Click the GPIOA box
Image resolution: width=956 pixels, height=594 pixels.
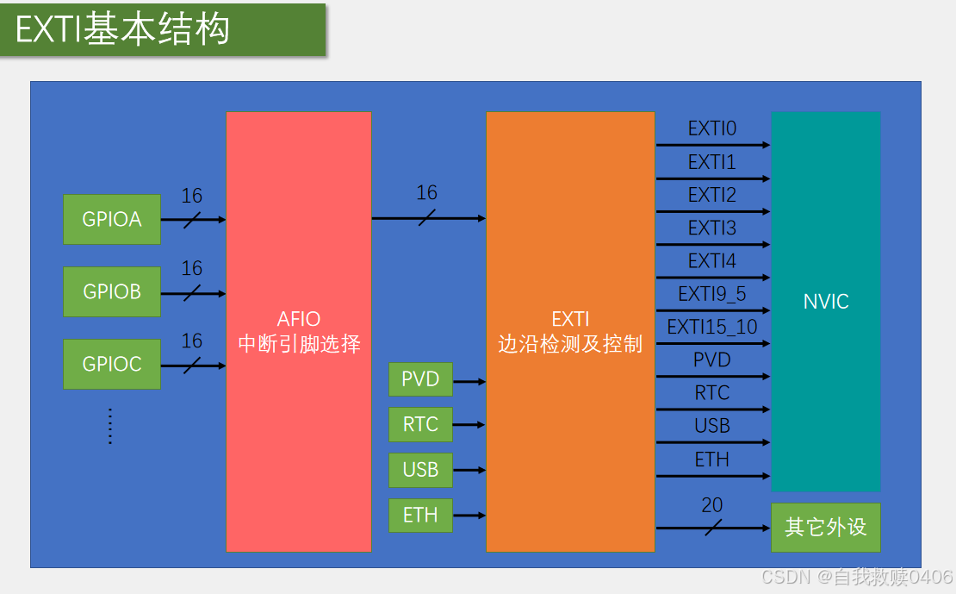tap(112, 219)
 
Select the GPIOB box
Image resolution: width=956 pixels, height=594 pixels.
tap(112, 291)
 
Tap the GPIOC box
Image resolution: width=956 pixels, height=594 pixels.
tap(112, 364)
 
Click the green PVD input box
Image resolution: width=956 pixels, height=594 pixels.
tap(420, 379)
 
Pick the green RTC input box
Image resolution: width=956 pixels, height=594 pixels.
tap(420, 424)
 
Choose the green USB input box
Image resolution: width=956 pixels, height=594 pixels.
tap(420, 470)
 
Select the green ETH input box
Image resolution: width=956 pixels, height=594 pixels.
tap(420, 516)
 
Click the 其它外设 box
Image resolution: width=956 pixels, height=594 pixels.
tap(825, 527)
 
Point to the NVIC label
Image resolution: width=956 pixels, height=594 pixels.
tap(825, 302)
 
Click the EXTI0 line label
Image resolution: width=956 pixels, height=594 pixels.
tap(711, 129)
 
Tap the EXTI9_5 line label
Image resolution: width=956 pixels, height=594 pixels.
tap(711, 294)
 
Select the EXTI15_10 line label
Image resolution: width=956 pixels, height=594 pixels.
tap(711, 327)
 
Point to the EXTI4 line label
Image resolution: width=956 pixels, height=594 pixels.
tap(711, 260)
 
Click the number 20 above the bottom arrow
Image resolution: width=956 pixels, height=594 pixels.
tap(711, 505)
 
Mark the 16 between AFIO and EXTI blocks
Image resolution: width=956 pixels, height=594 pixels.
tap(426, 193)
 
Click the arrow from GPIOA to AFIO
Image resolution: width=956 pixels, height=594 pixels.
tap(193, 220)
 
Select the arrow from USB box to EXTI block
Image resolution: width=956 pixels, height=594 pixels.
tap(469, 471)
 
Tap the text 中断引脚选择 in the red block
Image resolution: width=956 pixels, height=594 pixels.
tap(299, 344)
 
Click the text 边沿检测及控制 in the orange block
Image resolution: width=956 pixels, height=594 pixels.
tap(570, 344)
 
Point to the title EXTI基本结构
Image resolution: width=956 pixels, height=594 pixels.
tap(122, 30)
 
